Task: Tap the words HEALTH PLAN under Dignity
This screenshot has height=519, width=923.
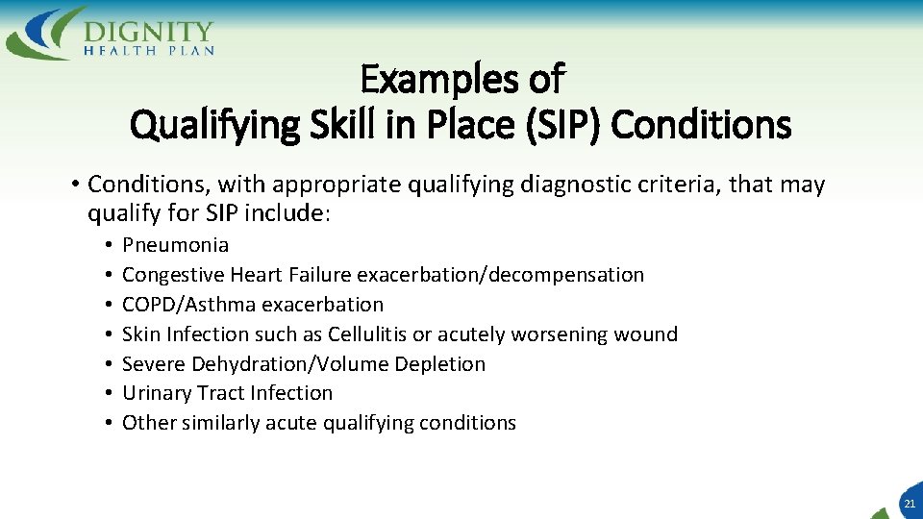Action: pos(149,50)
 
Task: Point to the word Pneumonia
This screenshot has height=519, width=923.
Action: pos(176,245)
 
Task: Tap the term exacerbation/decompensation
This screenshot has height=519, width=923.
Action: pos(500,275)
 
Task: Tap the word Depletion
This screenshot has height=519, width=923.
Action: pos(437,364)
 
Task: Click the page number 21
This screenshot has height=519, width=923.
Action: pos(909,504)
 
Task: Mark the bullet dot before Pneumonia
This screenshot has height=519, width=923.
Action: pos(111,246)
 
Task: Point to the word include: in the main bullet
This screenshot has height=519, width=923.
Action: pos(294,214)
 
